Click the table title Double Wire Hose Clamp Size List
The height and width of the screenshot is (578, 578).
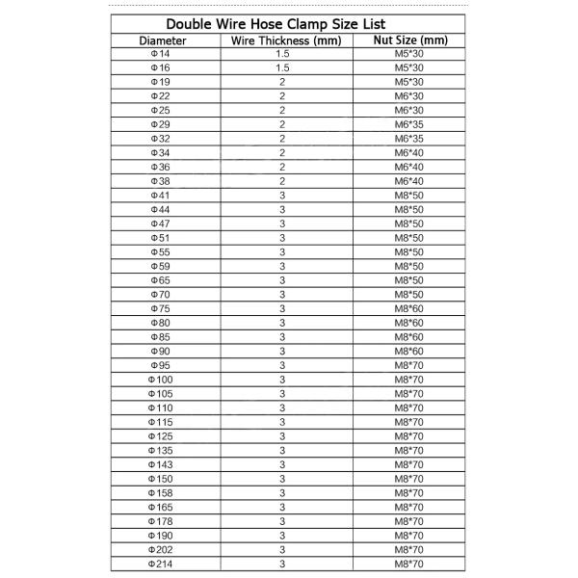tap(289, 23)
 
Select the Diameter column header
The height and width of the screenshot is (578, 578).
tap(162, 40)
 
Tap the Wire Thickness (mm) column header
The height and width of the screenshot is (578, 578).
tap(282, 40)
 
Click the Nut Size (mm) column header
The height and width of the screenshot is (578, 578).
tap(411, 40)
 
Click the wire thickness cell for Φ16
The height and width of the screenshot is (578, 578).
tap(282, 68)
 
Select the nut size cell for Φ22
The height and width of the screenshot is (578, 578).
tap(410, 96)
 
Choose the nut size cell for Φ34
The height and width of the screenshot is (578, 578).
tap(410, 152)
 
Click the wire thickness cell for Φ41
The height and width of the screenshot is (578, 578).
tap(282, 195)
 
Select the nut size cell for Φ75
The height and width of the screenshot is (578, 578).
tap(410, 307)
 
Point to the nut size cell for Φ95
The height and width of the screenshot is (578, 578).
tap(410, 365)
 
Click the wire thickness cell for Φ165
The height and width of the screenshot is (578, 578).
tap(282, 506)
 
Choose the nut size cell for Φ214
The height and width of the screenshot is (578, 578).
tap(410, 563)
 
